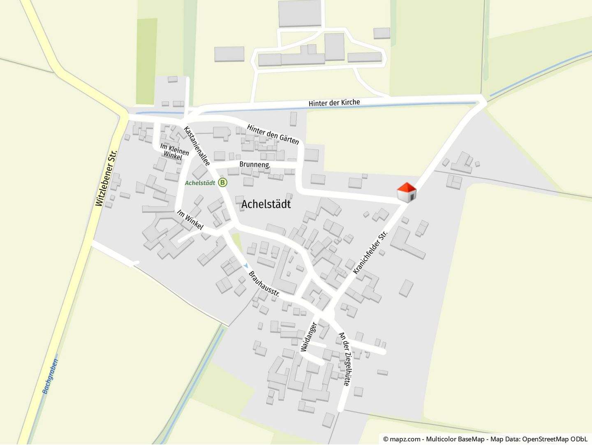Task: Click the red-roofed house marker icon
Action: (406, 192)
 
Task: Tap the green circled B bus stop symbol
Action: (222, 182)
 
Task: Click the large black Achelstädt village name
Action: (266, 204)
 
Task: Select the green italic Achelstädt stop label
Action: (200, 183)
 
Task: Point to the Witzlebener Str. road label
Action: (106, 178)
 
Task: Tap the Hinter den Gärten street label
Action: (273, 134)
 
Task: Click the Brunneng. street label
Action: (255, 165)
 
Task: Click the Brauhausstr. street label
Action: (264, 284)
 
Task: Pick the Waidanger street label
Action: (309, 337)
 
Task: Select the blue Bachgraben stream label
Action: (51, 376)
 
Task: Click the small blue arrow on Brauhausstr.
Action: (246, 266)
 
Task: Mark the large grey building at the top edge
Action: (300, 13)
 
